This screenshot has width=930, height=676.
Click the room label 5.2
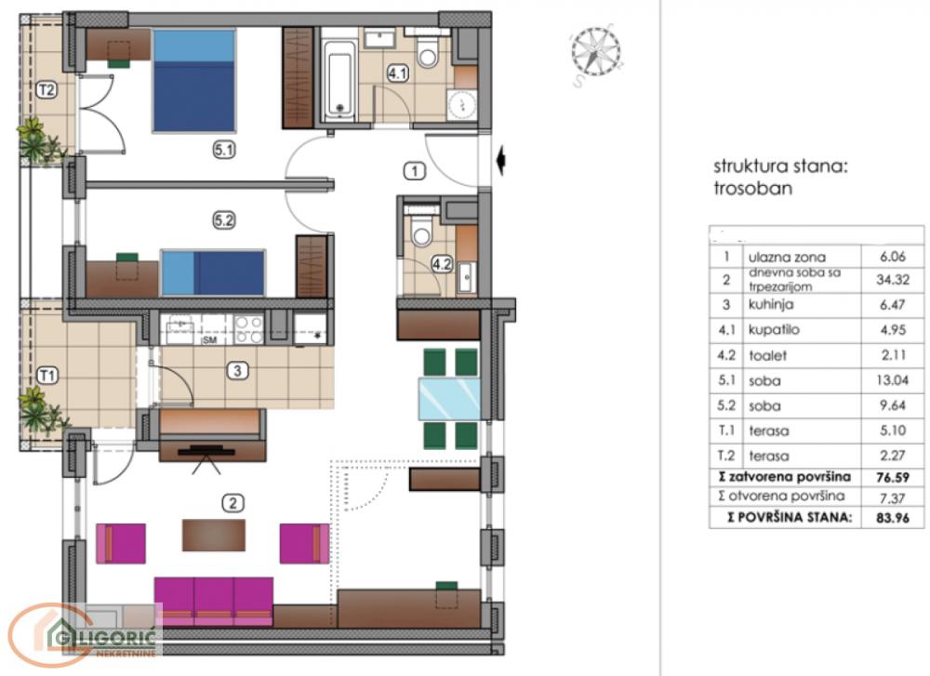224,220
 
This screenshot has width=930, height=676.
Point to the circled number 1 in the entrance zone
414,170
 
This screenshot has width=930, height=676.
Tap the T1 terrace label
44,376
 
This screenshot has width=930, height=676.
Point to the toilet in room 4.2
421,232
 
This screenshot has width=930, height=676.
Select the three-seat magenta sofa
213,598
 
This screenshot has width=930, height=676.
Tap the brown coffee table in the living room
215,535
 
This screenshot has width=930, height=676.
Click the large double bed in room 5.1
193,80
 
